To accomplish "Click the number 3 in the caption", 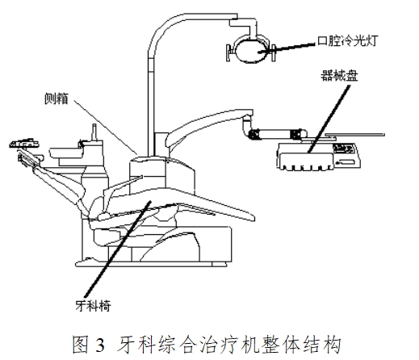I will coord(99,344).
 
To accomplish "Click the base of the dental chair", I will coord(161,242).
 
